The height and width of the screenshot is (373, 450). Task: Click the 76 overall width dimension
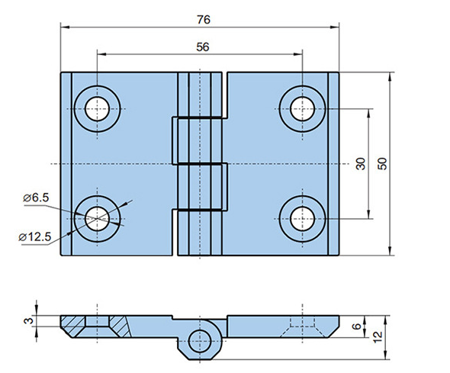coord(204,20)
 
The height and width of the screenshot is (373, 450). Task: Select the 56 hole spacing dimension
coord(203,47)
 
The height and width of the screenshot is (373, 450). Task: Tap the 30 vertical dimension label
coord(361,164)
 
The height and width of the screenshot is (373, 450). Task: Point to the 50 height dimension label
coord(382,164)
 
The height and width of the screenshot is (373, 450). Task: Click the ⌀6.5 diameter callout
coord(36,198)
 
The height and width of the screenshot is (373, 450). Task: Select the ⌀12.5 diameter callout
coord(35,237)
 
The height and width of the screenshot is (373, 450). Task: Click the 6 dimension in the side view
coord(356,326)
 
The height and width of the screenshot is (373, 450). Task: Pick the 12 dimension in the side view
coord(378,337)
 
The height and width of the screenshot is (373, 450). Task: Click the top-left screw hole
coord(98,109)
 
